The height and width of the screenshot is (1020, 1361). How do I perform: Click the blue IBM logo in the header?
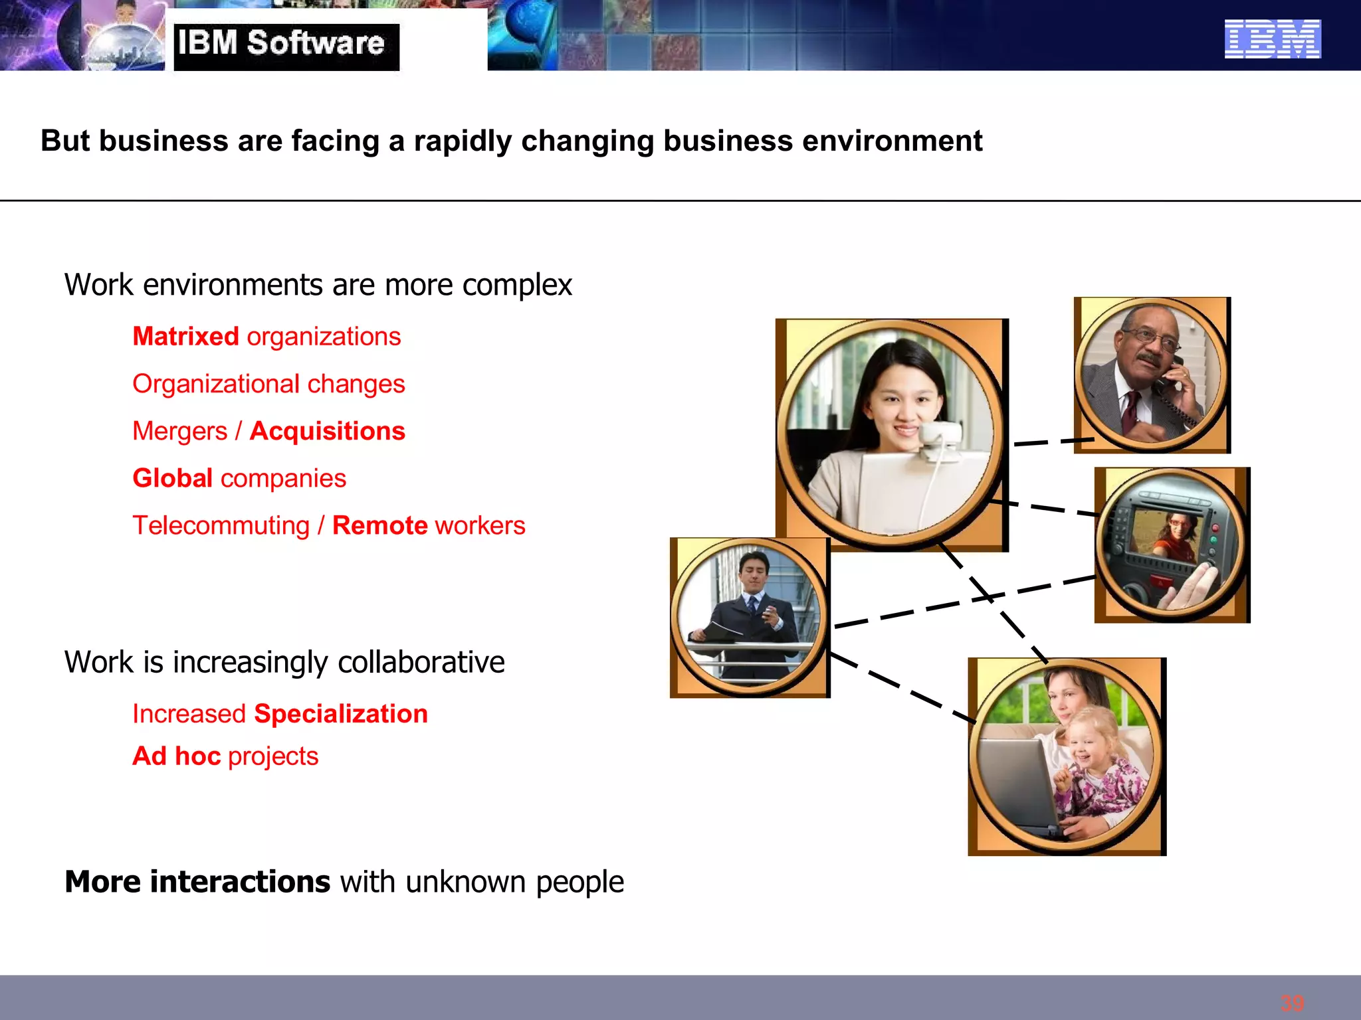pos(1272,39)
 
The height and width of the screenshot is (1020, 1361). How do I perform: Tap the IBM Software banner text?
pos(281,44)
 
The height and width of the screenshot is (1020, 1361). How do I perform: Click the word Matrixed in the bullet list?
pos(185,337)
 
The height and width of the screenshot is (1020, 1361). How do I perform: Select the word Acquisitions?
pos(328,431)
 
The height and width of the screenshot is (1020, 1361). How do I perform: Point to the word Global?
pos(172,478)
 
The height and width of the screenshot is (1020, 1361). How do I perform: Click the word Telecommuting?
pos(221,525)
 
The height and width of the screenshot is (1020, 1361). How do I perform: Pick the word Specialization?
pos(341,714)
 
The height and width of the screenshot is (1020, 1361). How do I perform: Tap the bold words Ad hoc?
pos(176,756)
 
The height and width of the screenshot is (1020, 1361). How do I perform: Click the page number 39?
pos(1292,1003)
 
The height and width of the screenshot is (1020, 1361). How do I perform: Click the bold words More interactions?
pos(197,882)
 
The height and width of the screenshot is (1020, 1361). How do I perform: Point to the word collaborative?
pos(421,663)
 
